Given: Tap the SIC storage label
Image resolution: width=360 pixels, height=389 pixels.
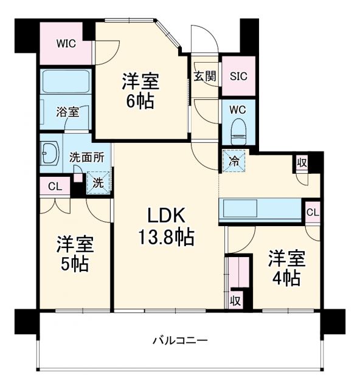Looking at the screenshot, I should click(238, 77).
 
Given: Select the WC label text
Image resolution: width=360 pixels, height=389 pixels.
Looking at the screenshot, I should click(237, 110).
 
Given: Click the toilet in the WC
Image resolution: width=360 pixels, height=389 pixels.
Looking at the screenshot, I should click(238, 129).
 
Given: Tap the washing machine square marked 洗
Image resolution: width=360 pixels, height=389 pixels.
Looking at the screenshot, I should click(97, 181).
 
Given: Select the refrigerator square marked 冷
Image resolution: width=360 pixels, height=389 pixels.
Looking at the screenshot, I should click(234, 160).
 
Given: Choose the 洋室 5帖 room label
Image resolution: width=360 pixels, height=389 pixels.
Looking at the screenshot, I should click(74, 254).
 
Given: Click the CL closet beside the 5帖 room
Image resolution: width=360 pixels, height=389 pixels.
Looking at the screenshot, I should click(54, 187).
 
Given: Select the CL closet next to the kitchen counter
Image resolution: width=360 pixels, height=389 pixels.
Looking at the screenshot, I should click(313, 212).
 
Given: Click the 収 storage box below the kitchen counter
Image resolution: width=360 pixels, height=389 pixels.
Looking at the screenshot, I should click(235, 300).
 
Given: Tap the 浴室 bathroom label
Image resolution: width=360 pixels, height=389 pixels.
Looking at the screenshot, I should click(67, 112).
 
